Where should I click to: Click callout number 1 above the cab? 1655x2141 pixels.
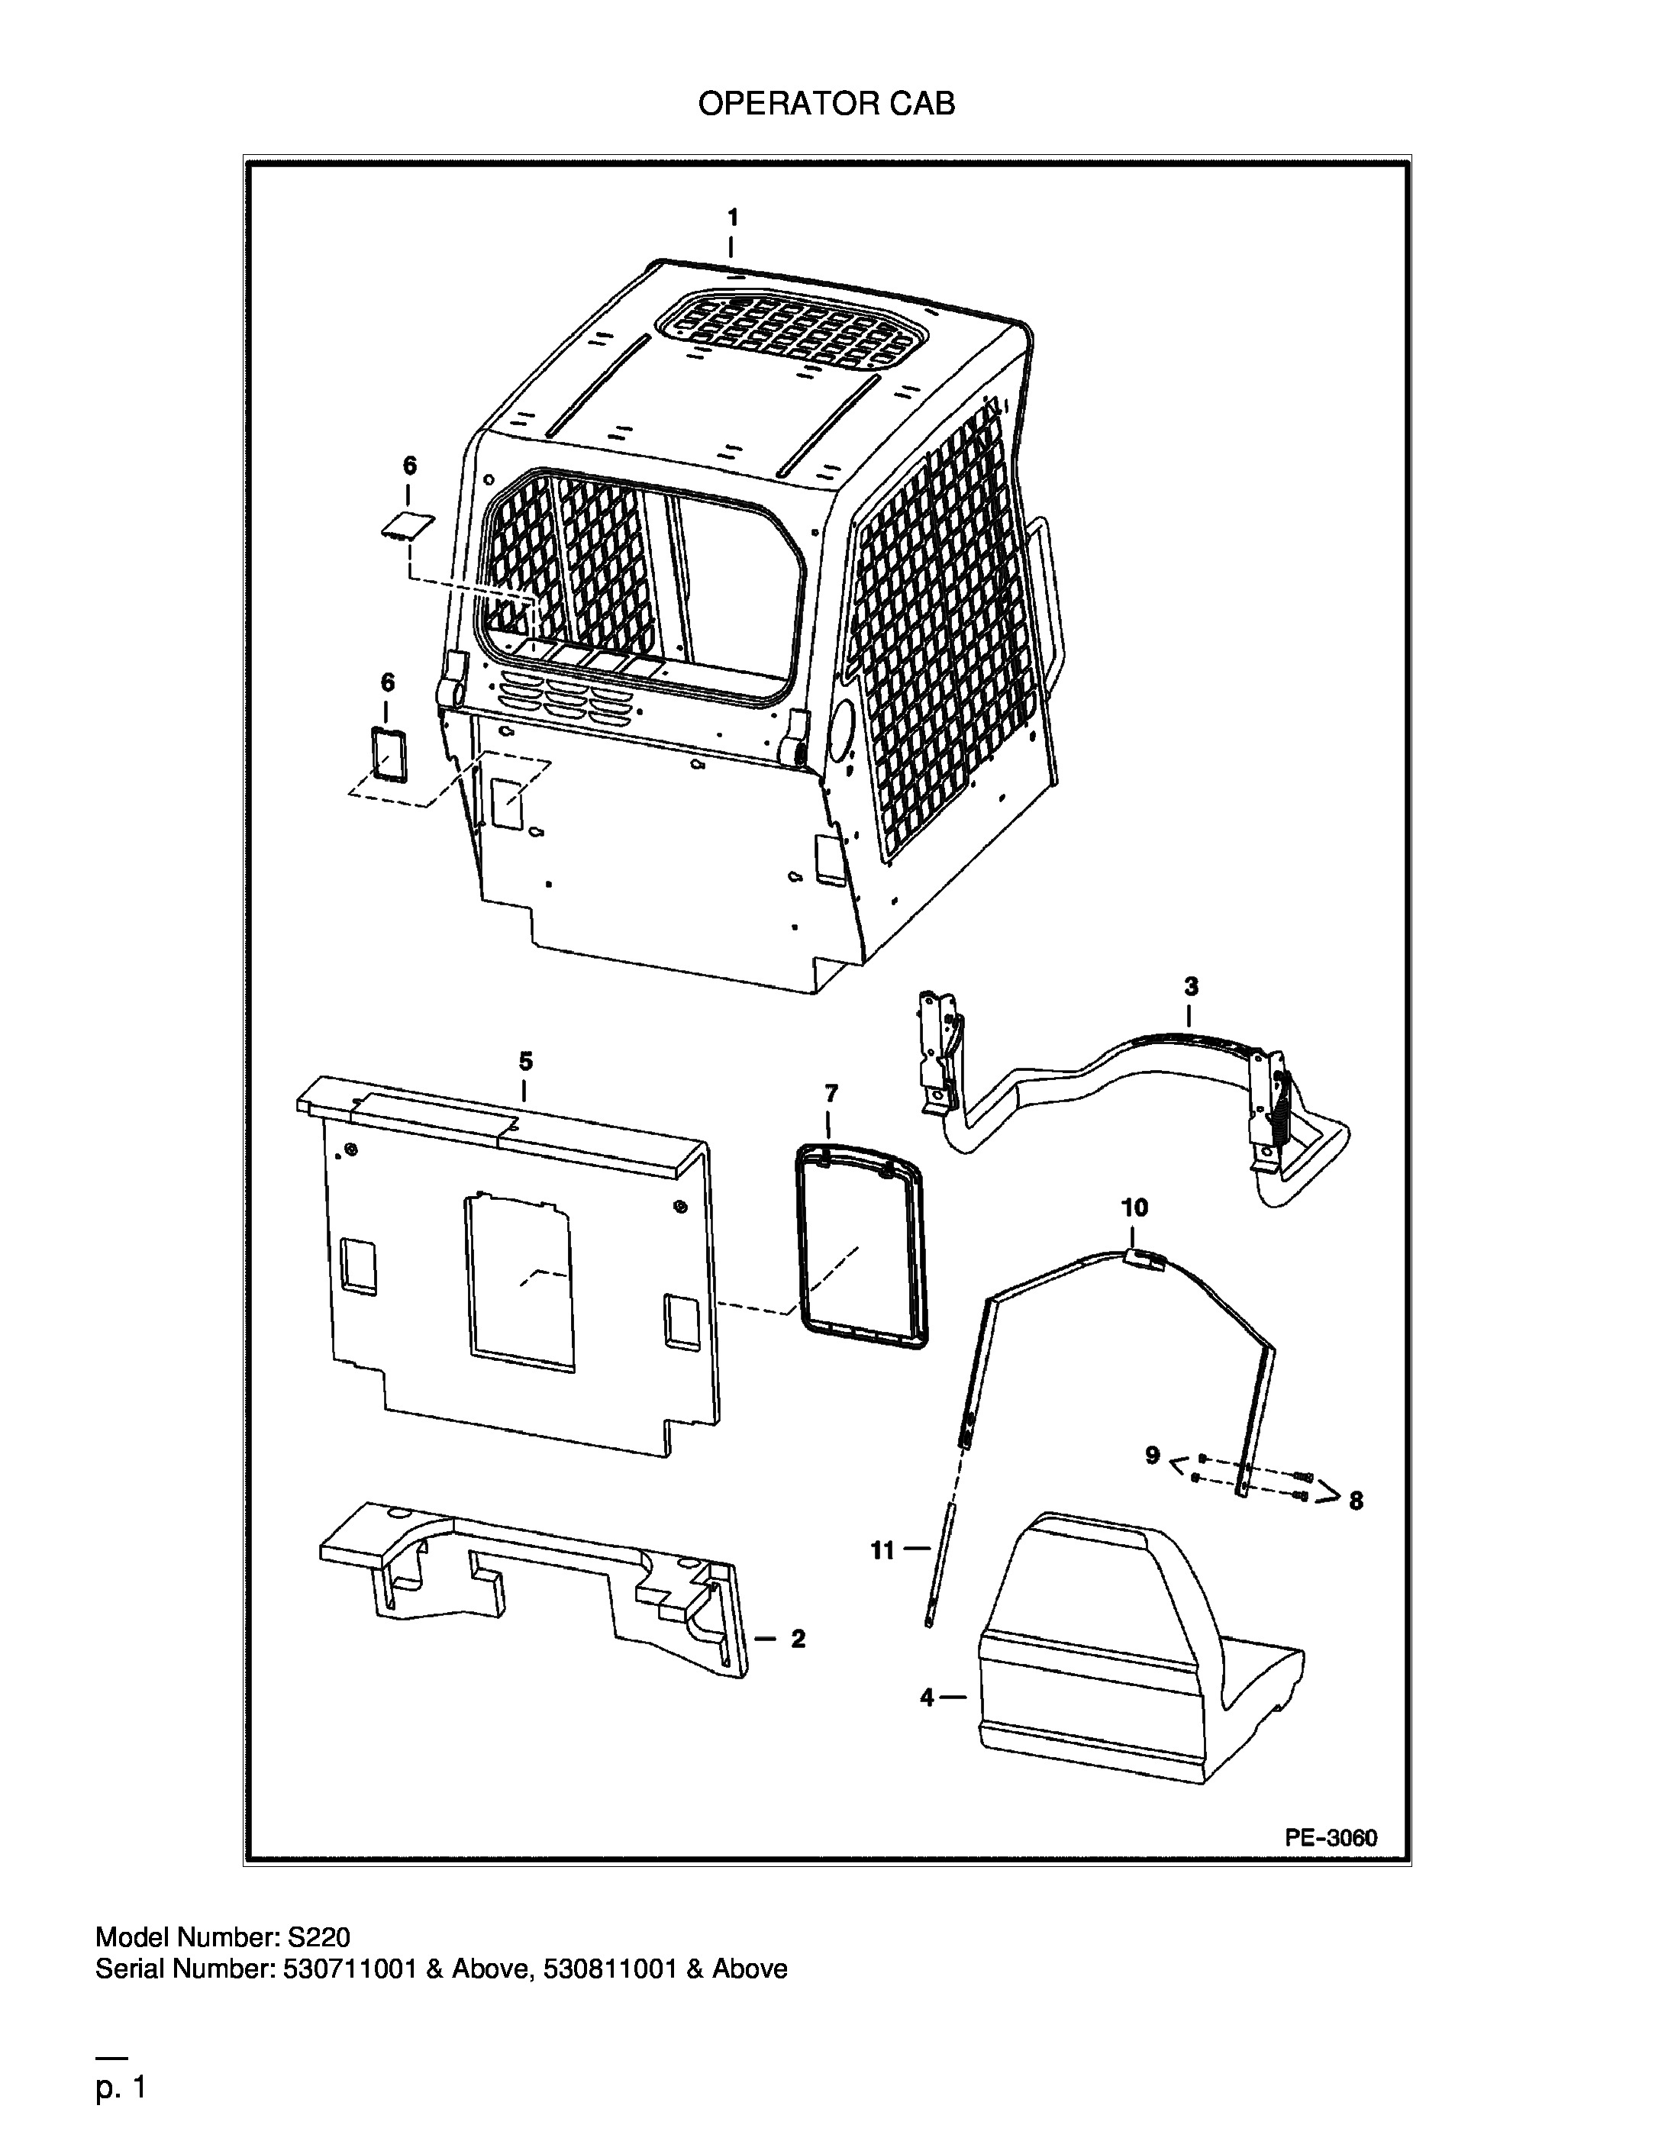(x=732, y=218)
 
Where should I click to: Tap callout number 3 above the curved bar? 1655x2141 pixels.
(x=1190, y=986)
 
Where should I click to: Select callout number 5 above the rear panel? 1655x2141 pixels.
(x=525, y=1061)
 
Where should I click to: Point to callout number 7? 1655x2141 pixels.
(x=831, y=1092)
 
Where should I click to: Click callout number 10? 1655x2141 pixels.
(x=1134, y=1208)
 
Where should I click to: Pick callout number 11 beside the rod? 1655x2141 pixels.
(x=882, y=1550)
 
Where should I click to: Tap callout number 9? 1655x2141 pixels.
(x=1153, y=1456)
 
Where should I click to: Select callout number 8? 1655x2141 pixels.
(x=1356, y=1501)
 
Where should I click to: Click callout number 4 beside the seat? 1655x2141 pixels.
(x=928, y=1698)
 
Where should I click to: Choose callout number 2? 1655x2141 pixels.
(x=798, y=1638)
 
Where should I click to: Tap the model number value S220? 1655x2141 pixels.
(x=318, y=1938)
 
